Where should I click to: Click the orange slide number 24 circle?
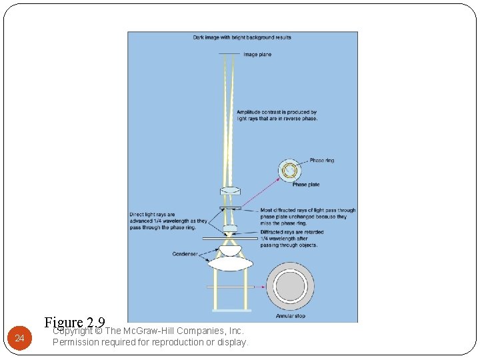19,339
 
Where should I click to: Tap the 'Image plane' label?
257,55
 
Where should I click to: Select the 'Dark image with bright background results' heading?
242,38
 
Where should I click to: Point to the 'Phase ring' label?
322,161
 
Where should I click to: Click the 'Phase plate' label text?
305,185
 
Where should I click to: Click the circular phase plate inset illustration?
291,171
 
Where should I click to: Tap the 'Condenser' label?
185,254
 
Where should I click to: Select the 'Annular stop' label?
290,316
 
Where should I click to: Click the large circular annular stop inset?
290,287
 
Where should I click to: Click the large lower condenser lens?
230,264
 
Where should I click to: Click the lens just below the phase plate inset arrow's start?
230,191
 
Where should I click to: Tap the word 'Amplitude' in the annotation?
250,113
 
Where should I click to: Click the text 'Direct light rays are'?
153,215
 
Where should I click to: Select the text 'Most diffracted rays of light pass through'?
307,211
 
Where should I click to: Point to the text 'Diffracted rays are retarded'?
292,232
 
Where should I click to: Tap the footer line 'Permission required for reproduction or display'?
149,342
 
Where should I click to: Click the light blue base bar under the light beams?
231,310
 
